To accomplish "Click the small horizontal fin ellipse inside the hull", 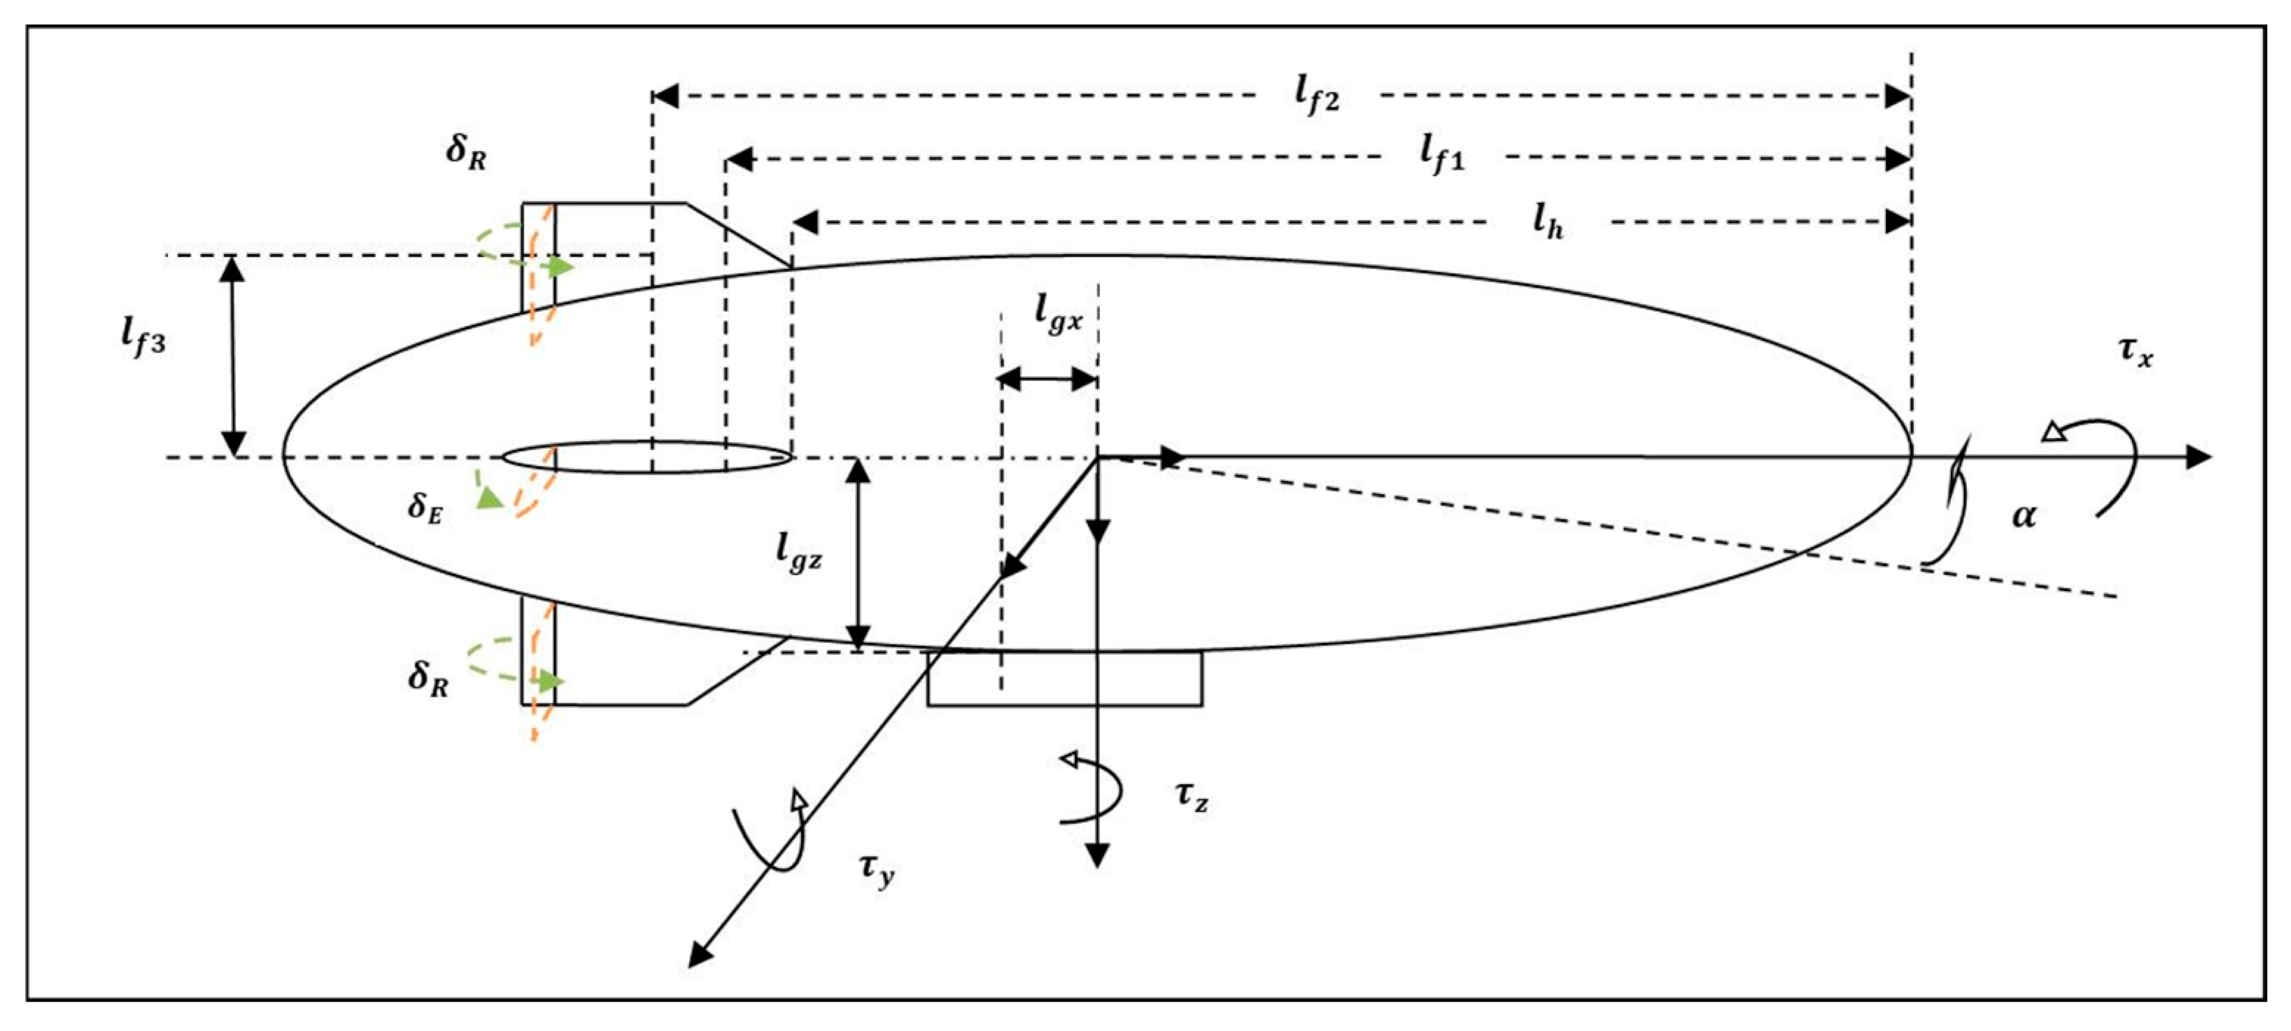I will click(x=647, y=457).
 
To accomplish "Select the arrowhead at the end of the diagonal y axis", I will click(x=701, y=954).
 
